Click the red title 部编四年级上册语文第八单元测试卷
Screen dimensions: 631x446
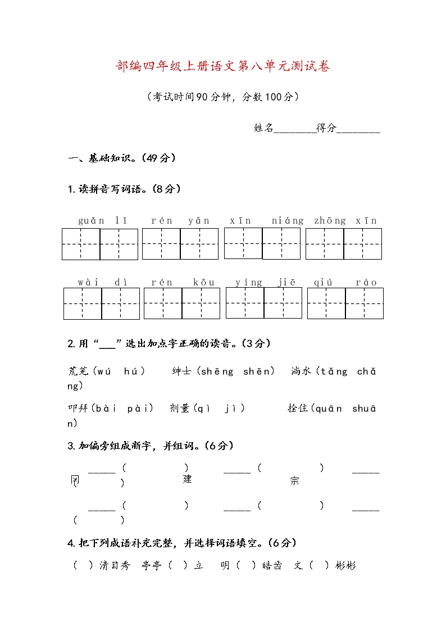[223, 67]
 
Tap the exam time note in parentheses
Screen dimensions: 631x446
[222, 97]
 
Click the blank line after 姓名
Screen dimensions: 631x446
[294, 129]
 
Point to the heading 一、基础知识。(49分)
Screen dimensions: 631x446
[122, 158]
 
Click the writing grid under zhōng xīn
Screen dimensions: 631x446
[344, 244]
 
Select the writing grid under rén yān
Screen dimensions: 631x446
[180, 244]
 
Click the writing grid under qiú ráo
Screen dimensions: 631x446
[345, 303]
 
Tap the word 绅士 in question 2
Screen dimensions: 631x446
[182, 371]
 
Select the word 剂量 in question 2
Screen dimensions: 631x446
[180, 408]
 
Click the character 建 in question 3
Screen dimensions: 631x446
[188, 479]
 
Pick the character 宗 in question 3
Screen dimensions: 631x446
[294, 480]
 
